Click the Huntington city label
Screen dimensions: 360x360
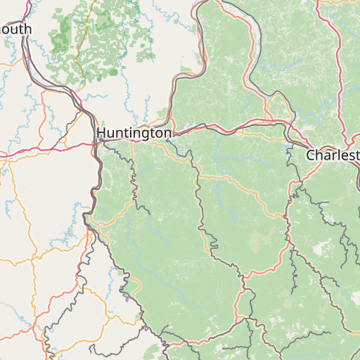[134, 132]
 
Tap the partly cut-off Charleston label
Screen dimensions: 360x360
[333, 155]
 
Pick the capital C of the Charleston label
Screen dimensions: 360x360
[311, 155]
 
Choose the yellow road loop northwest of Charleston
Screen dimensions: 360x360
[281, 105]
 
